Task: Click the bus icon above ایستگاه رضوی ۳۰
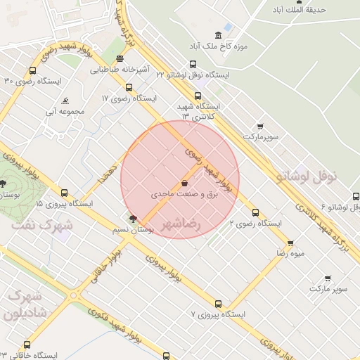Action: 32,71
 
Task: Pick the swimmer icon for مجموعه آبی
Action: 65,101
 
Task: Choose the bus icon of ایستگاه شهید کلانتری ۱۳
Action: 197,96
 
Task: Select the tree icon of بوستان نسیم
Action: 134,219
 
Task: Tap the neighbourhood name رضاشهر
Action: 182,225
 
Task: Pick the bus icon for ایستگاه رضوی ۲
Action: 255,212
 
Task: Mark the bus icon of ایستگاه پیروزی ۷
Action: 218,304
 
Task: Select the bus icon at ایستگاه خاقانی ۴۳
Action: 27,345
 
